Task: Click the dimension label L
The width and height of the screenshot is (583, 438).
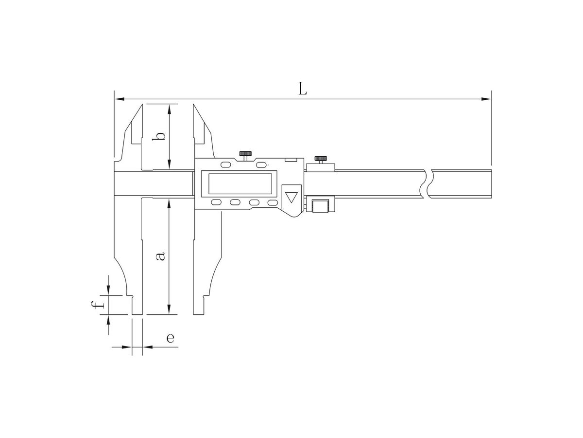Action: [x=302, y=89]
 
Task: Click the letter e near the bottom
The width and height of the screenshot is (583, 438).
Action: [x=170, y=338]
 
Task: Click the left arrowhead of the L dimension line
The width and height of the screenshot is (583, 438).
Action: [x=119, y=99]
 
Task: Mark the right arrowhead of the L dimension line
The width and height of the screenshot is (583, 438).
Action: [x=486, y=99]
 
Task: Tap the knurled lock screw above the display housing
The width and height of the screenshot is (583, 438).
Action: [x=245, y=156]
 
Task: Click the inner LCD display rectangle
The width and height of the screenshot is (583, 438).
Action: [x=240, y=184]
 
